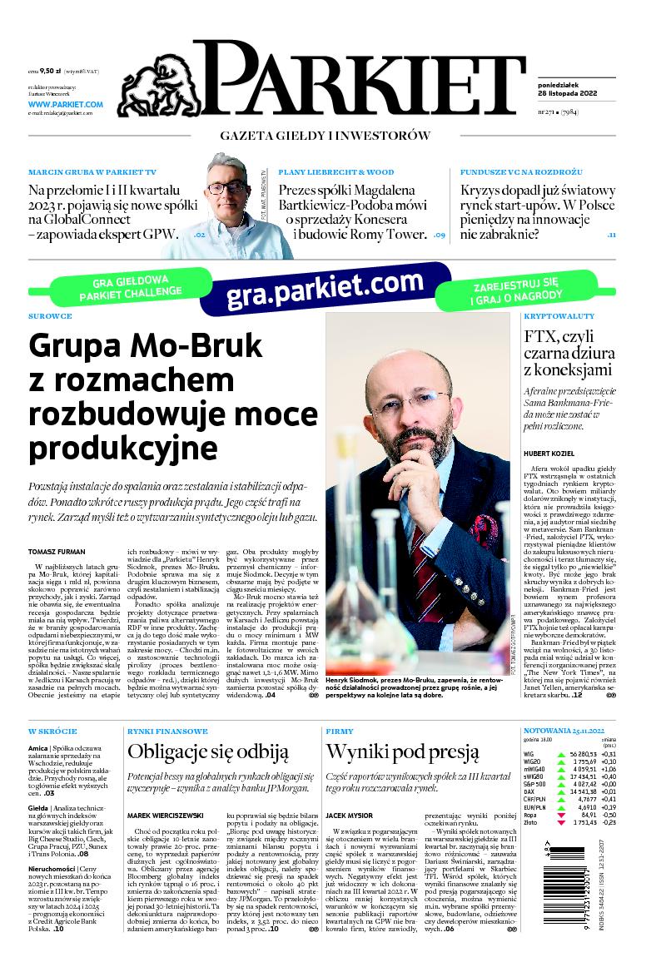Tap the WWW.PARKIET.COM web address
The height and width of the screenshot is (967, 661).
click(65, 105)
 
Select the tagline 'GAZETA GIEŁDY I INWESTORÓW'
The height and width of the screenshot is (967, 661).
click(325, 136)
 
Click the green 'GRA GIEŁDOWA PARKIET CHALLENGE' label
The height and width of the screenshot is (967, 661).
click(132, 286)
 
